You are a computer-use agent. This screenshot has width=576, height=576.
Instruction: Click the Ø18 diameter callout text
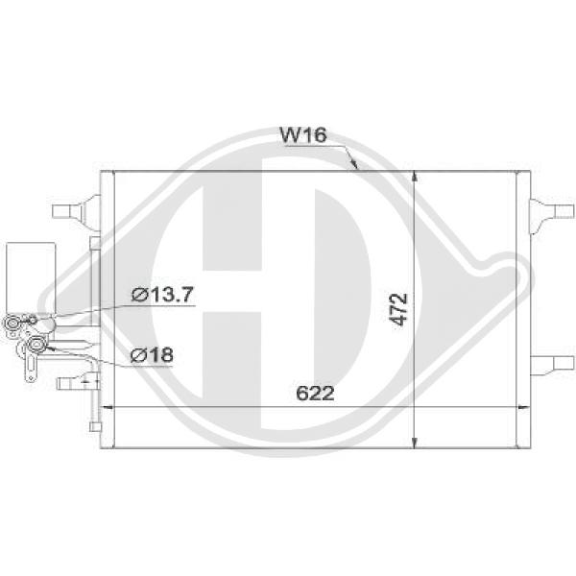point(153,355)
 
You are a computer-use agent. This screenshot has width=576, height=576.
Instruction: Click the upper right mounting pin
point(545,206)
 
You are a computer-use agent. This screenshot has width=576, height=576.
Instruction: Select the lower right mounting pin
point(545,362)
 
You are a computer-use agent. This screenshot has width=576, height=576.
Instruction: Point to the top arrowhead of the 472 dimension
point(415,179)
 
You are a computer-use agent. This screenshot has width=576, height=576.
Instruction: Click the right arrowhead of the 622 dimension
point(522,408)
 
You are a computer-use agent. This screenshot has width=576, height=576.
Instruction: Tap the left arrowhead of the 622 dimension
point(108,408)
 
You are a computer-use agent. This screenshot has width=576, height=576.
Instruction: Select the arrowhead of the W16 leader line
point(355,167)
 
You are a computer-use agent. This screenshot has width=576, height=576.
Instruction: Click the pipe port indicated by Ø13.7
point(15,324)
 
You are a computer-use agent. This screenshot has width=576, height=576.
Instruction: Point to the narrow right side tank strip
point(525,307)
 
